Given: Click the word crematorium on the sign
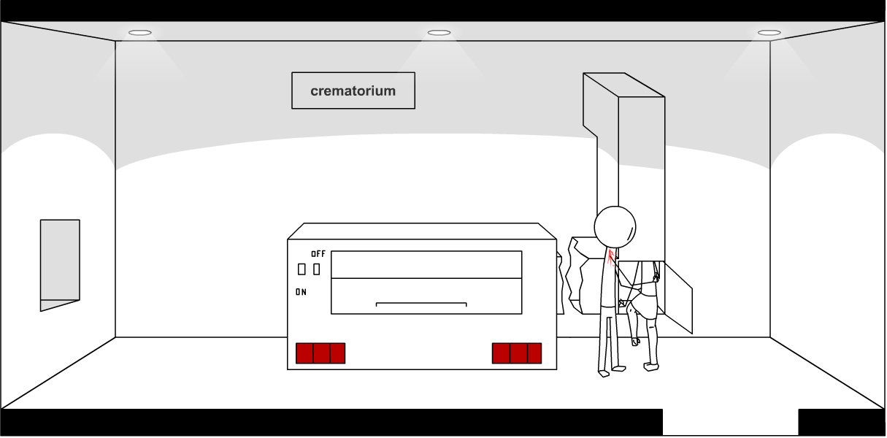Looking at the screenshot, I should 353,91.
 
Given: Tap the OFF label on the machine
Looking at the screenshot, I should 318,254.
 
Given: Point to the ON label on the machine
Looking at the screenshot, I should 301,292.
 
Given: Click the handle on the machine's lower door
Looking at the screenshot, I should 421,304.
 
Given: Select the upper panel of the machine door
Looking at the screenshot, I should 426,264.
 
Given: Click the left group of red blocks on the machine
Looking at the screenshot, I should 320,353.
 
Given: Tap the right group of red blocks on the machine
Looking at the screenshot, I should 517,353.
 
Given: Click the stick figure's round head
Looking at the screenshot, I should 615,227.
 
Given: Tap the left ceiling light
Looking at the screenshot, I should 140,33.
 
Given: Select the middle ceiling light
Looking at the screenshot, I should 439,33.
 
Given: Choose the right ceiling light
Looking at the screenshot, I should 769,33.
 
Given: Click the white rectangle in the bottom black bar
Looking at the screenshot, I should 730,422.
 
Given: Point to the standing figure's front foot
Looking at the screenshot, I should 604,373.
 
